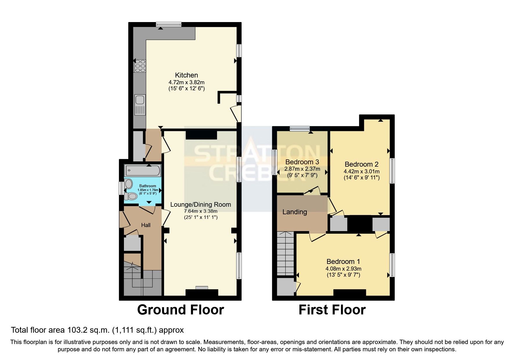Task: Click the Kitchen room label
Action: (x=186, y=75)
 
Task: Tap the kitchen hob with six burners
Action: (x=140, y=66)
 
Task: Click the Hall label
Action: (x=146, y=225)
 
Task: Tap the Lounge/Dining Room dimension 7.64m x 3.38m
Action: (x=201, y=211)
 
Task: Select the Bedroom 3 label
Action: (x=302, y=162)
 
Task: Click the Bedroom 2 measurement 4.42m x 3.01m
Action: (x=362, y=172)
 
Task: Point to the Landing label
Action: (x=295, y=212)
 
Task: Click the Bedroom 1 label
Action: (x=343, y=261)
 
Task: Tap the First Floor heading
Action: (x=332, y=310)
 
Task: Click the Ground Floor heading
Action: (x=180, y=310)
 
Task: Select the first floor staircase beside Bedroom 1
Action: (x=286, y=254)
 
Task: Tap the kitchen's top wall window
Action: (x=169, y=24)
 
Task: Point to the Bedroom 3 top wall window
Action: (x=300, y=128)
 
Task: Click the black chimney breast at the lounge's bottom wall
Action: (x=202, y=293)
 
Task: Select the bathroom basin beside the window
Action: (x=128, y=184)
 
